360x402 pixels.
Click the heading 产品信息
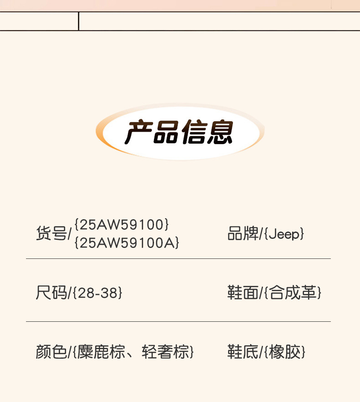click(x=179, y=132)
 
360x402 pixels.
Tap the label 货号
click(x=51, y=233)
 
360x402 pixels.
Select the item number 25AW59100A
click(x=127, y=242)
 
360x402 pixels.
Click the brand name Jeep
click(x=284, y=234)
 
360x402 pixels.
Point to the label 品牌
click(x=243, y=233)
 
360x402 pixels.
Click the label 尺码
click(x=51, y=293)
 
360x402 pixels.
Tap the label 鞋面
click(x=243, y=293)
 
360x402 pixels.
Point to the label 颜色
click(x=51, y=352)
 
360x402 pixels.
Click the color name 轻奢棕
click(x=165, y=352)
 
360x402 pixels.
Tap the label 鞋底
click(x=243, y=352)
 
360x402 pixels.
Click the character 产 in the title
click(x=139, y=132)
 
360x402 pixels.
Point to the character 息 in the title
click(x=220, y=132)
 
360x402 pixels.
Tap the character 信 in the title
click(x=194, y=132)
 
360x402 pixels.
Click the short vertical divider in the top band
click(x=78, y=21)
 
